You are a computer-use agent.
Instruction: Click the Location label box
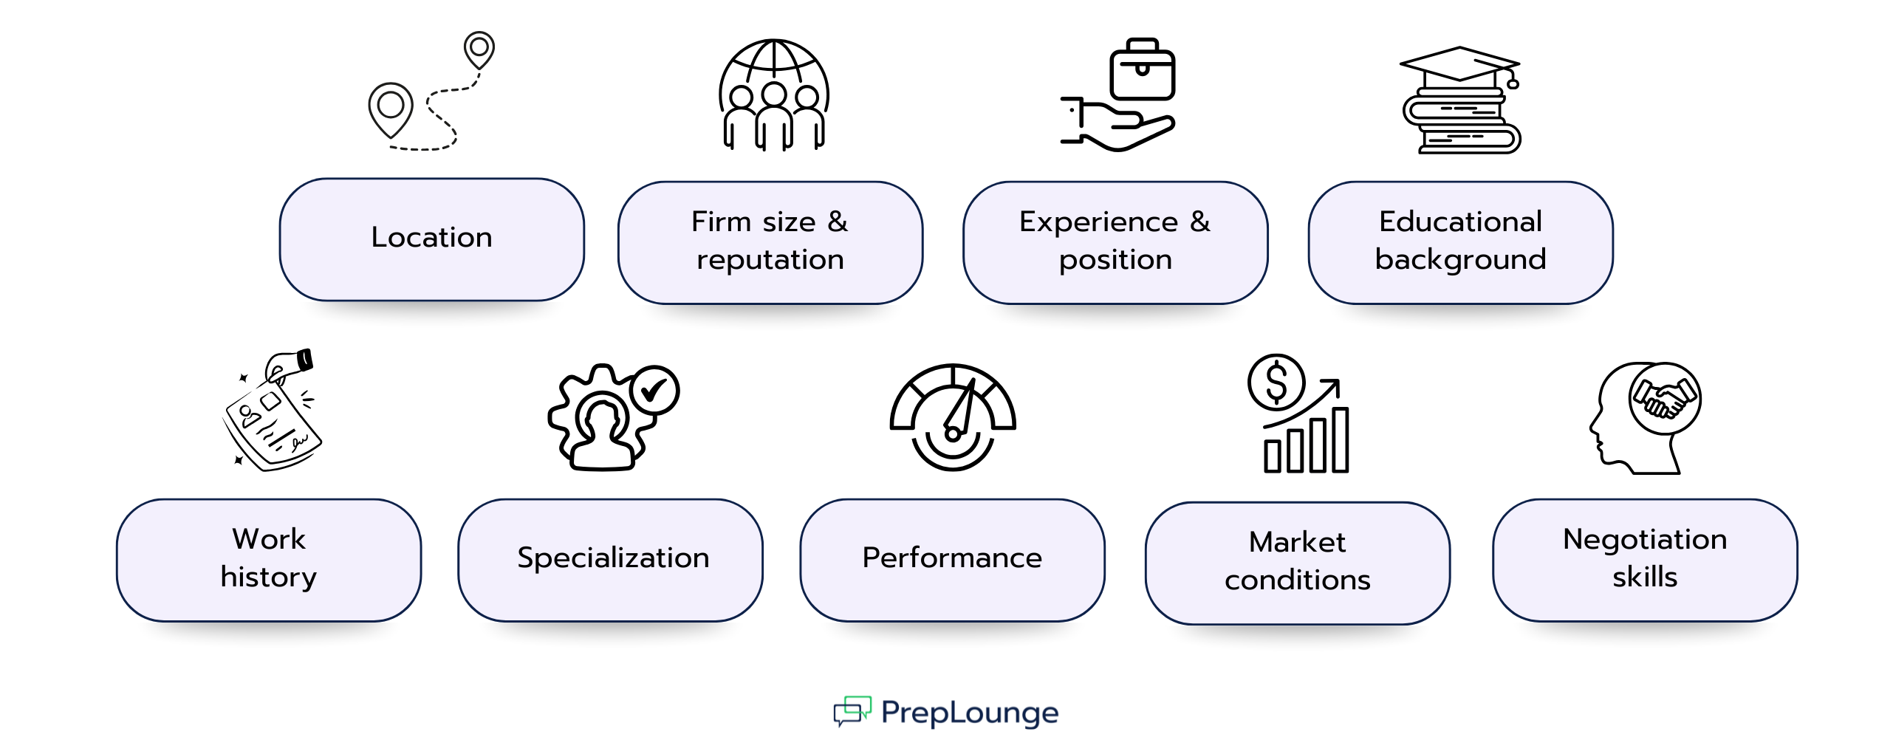pyautogui.click(x=431, y=239)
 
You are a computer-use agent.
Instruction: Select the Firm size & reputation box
pyautogui.click(x=770, y=241)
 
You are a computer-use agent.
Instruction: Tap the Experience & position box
pyautogui.click(x=1115, y=241)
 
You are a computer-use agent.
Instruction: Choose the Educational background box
pyautogui.click(x=1460, y=241)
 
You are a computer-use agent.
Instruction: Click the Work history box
pyautogui.click(x=269, y=559)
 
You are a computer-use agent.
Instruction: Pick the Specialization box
pyautogui.click(x=610, y=559)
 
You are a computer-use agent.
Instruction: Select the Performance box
pyautogui.click(x=952, y=559)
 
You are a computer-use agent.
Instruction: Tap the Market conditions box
pyautogui.click(x=1297, y=562)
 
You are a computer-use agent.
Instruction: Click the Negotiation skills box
pyautogui.click(x=1645, y=559)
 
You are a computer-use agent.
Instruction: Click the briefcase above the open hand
pyautogui.click(x=1142, y=70)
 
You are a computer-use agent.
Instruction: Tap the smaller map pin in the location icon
pyautogui.click(x=479, y=49)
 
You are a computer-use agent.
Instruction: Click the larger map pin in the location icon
pyautogui.click(x=391, y=108)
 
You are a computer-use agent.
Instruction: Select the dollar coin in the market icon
pyautogui.click(x=1276, y=383)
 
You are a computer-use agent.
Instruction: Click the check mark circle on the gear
pyautogui.click(x=654, y=390)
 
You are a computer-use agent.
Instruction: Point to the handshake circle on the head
pyautogui.click(x=1665, y=399)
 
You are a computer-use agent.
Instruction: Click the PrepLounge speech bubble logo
pyautogui.click(x=852, y=711)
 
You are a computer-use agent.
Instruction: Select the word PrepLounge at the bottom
pyautogui.click(x=970, y=713)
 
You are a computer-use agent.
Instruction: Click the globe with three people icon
pyautogui.click(x=773, y=95)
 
